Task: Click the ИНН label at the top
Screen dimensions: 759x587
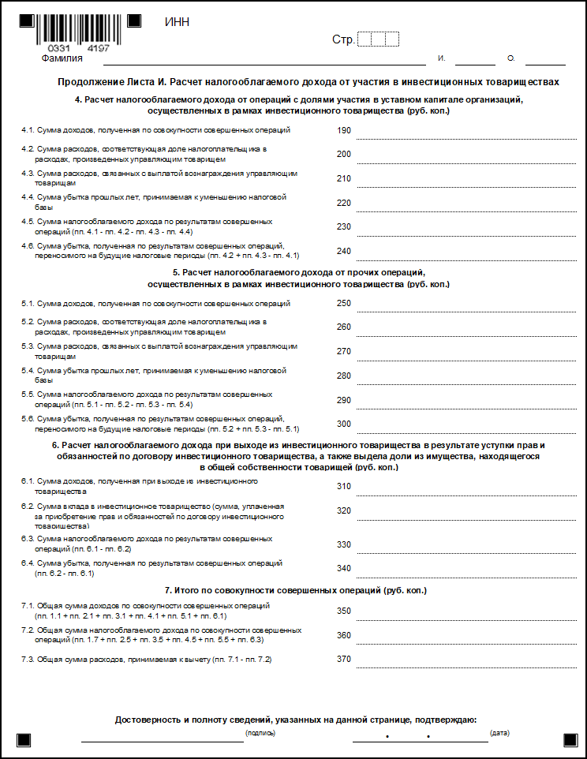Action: (x=177, y=22)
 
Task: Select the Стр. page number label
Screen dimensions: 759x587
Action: (x=342, y=39)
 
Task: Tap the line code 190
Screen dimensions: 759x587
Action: (x=343, y=130)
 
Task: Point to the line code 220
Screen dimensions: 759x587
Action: (x=343, y=203)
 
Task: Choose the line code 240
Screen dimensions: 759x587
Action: (x=343, y=251)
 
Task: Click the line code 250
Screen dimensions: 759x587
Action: (x=343, y=303)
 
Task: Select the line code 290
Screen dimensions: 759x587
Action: (x=343, y=400)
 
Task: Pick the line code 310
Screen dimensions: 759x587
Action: (x=343, y=486)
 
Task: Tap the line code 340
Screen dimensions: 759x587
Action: (x=343, y=568)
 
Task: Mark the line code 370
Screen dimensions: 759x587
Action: (x=343, y=659)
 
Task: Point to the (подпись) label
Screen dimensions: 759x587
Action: (x=260, y=734)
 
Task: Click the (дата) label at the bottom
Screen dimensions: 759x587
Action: (x=499, y=734)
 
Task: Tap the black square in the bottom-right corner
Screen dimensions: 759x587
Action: (x=570, y=740)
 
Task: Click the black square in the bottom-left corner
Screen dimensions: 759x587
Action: (x=24, y=740)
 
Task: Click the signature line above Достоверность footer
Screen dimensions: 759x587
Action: (x=162, y=741)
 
